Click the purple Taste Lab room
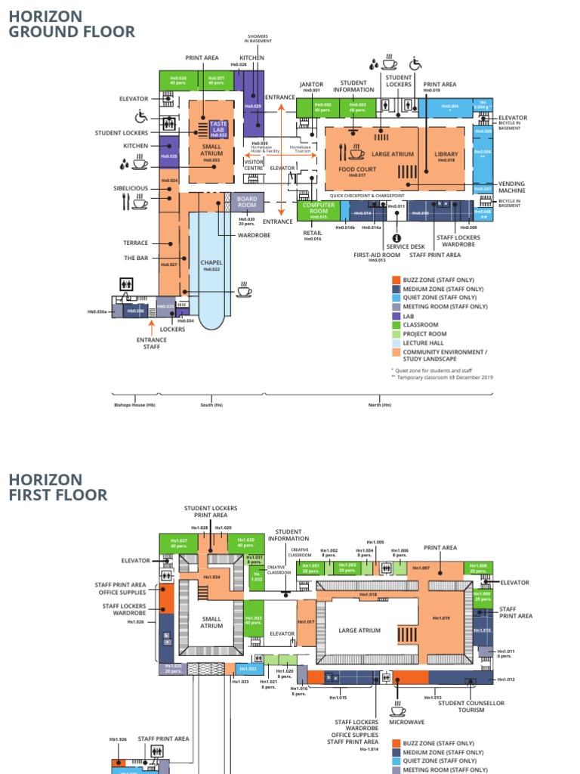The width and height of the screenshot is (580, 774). tap(218, 128)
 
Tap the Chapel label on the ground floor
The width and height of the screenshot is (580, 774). tap(211, 263)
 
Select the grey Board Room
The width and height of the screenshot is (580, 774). tap(247, 202)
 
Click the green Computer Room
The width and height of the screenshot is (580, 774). tap(318, 209)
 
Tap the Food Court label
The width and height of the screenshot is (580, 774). tap(356, 170)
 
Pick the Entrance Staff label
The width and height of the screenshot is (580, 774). tap(152, 343)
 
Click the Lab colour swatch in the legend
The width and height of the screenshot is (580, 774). tap(396, 316)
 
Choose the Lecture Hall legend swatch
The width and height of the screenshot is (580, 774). tap(396, 343)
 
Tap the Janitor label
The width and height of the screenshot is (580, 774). tap(311, 85)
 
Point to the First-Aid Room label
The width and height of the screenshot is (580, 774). tap(377, 255)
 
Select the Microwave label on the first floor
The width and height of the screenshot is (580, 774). tap(407, 723)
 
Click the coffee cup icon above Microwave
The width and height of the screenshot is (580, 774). tap(397, 709)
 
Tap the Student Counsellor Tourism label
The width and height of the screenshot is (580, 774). tap(471, 707)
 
